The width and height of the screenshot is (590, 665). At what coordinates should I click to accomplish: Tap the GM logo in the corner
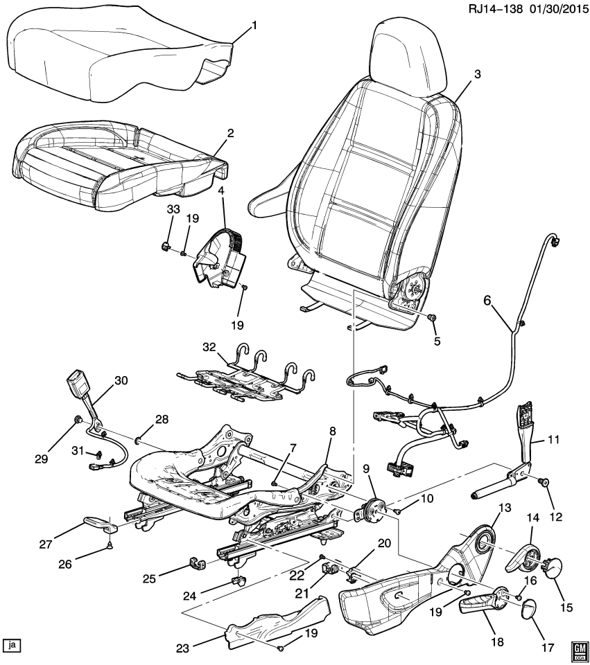click(x=578, y=648)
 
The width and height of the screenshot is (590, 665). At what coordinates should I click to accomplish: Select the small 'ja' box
click(x=11, y=646)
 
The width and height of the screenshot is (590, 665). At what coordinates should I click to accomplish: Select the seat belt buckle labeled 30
click(x=74, y=383)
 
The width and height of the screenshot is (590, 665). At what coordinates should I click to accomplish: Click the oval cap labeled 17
click(x=529, y=608)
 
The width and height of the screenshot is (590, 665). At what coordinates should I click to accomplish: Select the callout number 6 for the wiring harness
click(x=487, y=299)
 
